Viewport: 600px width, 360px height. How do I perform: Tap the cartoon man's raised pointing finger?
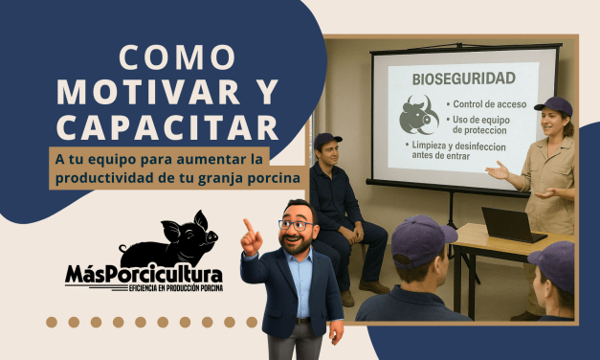tap(247, 226)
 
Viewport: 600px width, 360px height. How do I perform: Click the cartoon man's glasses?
tap(297, 225)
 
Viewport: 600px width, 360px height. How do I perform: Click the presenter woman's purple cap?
tap(554, 105)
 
